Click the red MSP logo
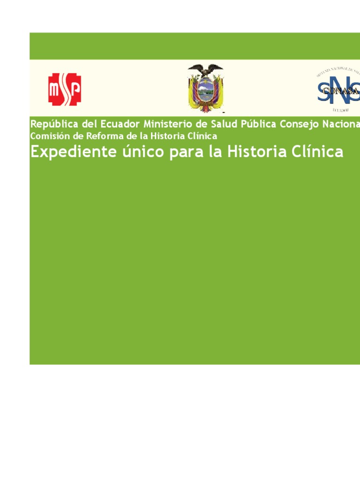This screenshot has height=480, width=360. (x=65, y=89)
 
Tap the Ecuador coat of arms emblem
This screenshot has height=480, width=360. (x=205, y=89)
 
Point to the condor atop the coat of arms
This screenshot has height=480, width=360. (x=205, y=71)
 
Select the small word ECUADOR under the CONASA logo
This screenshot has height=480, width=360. (x=340, y=110)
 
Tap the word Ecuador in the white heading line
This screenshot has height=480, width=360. (x=120, y=124)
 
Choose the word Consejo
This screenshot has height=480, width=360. (x=299, y=124)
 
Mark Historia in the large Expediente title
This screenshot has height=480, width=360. (x=254, y=152)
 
